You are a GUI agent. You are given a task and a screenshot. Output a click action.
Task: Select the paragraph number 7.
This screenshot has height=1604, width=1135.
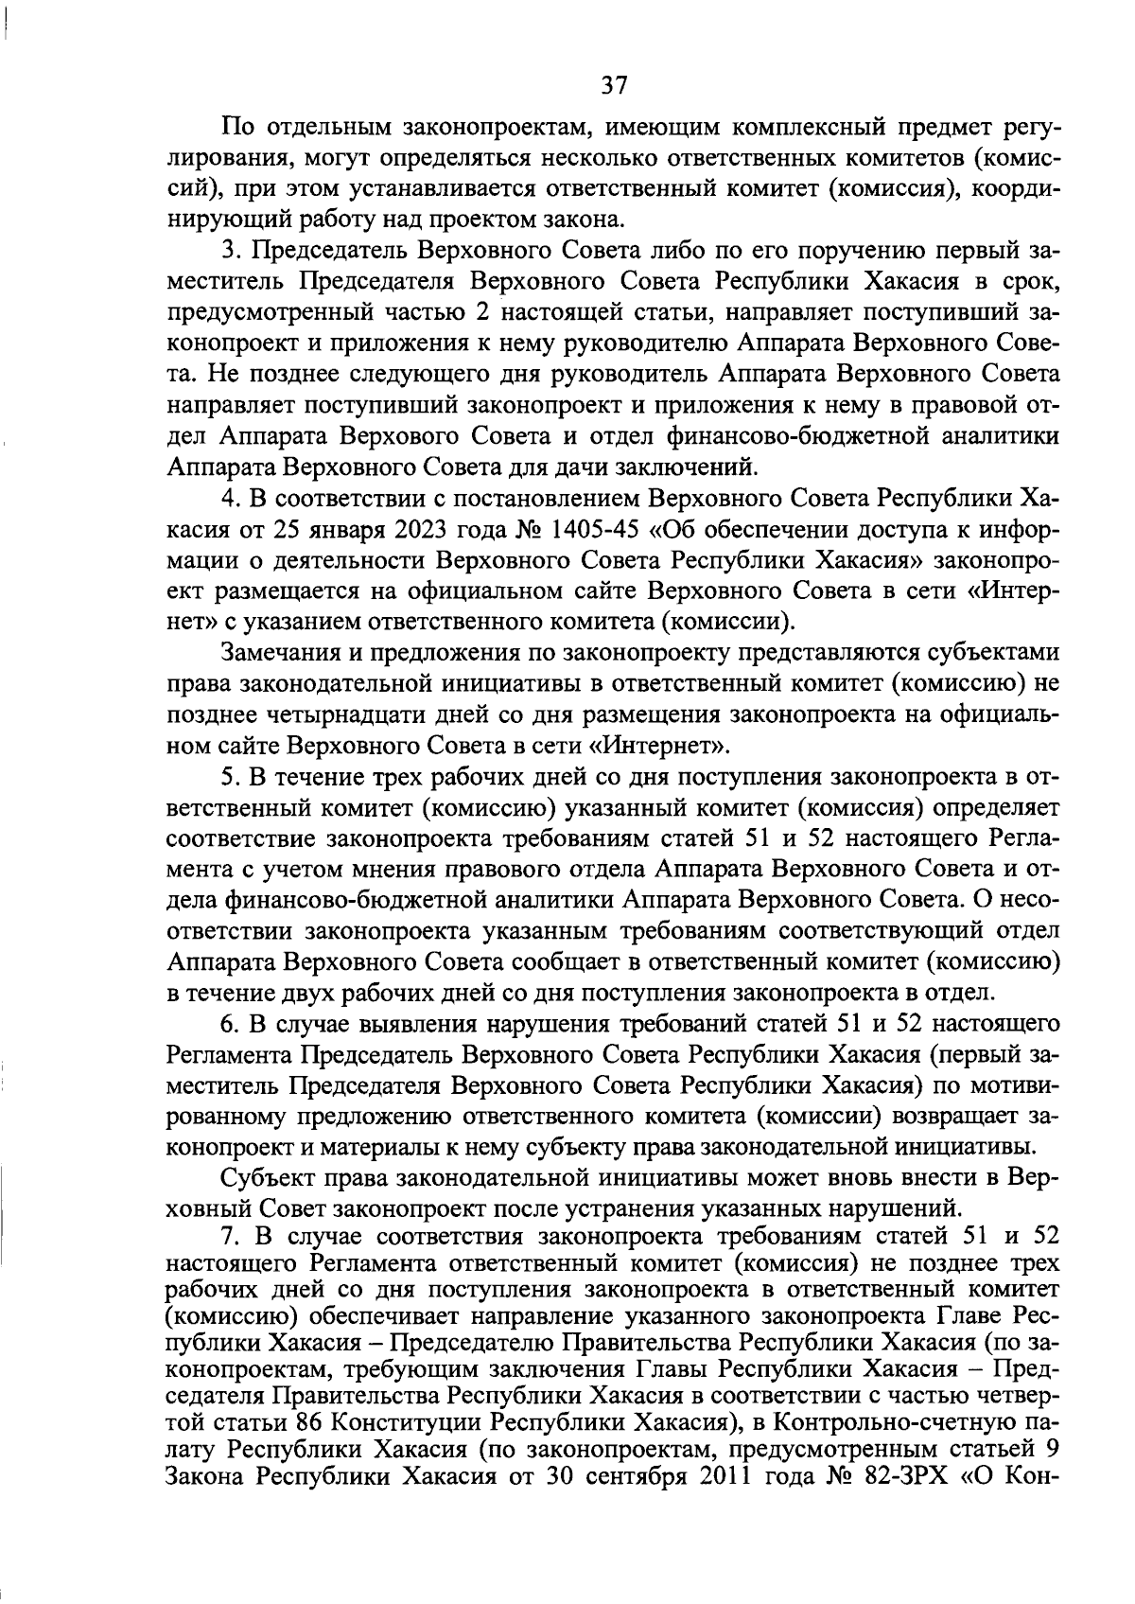228,1238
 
